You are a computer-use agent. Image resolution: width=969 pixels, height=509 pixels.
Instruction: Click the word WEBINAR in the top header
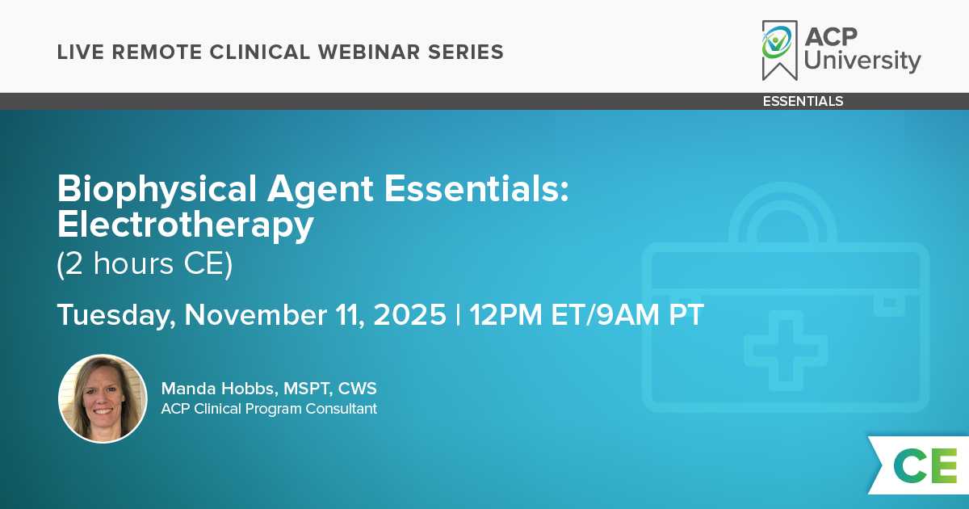pyautogui.click(x=368, y=52)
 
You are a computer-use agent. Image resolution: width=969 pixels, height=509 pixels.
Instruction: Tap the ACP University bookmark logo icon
pyautogui.click(x=779, y=50)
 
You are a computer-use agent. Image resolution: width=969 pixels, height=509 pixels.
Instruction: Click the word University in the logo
pyautogui.click(x=862, y=60)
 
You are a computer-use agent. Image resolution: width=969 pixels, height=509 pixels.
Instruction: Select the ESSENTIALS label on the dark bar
pyautogui.click(x=803, y=101)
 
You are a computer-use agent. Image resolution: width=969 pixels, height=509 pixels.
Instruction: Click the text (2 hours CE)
pyautogui.click(x=145, y=263)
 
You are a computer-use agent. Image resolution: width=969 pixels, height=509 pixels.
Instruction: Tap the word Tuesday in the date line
pyautogui.click(x=116, y=316)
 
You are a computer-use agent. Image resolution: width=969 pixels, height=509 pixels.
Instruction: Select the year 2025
pyautogui.click(x=409, y=314)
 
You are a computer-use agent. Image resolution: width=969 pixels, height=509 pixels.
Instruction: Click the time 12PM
pyautogui.click(x=505, y=314)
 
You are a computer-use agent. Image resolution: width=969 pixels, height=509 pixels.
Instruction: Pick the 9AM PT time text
pyautogui.click(x=650, y=314)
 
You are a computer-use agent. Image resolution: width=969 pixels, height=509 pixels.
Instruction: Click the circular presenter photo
pyautogui.click(x=103, y=398)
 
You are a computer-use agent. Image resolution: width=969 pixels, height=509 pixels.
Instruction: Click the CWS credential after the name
pyautogui.click(x=357, y=389)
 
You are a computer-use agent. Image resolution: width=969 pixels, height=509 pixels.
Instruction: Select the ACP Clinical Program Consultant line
pyautogui.click(x=269, y=409)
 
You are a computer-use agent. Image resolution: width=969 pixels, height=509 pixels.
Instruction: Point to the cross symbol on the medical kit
pyautogui.click(x=786, y=350)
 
